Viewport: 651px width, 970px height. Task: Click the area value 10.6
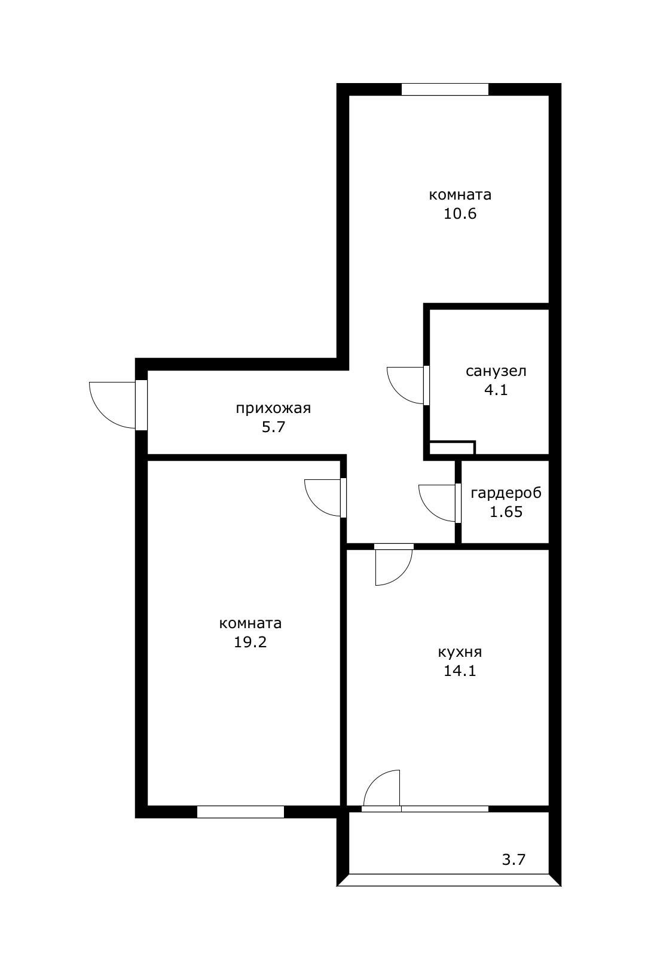click(460, 213)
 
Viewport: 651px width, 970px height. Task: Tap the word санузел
click(496, 371)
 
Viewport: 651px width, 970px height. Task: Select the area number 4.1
click(496, 390)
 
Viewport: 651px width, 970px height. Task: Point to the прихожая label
click(273, 408)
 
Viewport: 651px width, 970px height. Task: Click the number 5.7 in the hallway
click(273, 427)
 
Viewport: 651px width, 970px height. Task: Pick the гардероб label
click(506, 493)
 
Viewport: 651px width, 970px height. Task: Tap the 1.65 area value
click(506, 512)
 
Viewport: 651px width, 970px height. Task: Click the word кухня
click(460, 651)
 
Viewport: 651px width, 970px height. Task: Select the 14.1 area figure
click(460, 671)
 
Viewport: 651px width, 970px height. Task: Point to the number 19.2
click(250, 642)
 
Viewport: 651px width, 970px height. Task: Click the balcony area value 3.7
click(514, 859)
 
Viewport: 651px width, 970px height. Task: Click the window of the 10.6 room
click(445, 89)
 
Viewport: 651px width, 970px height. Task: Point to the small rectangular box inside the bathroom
click(452, 448)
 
